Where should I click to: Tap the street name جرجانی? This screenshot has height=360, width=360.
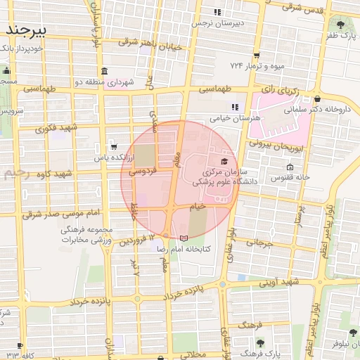click(258, 243)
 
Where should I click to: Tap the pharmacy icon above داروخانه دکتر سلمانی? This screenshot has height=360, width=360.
click(319, 99)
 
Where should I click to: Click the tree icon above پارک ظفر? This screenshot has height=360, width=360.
click(340, 25)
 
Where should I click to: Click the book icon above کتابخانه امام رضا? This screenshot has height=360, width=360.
click(184, 240)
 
